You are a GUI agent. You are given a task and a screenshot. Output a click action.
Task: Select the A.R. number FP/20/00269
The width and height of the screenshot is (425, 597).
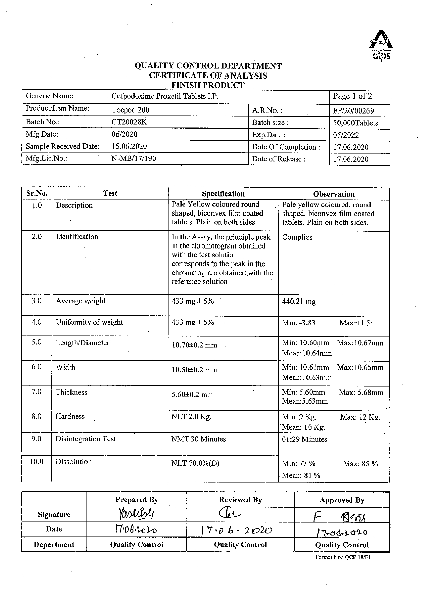click(x=353, y=111)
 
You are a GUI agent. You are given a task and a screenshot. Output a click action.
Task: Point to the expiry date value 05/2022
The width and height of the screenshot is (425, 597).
click(x=346, y=135)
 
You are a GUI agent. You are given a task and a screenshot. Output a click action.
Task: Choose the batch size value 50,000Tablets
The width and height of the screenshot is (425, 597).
click(x=356, y=123)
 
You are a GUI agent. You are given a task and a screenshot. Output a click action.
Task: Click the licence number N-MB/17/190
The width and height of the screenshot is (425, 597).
click(x=134, y=158)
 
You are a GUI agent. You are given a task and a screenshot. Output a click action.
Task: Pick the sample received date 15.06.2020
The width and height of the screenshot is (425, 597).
click(x=129, y=147)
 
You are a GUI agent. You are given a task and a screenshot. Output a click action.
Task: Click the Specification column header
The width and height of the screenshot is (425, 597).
click(x=223, y=194)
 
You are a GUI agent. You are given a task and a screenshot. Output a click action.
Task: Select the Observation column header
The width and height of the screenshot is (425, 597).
click(x=334, y=194)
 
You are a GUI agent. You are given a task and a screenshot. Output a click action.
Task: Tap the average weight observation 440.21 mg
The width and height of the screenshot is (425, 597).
click(x=299, y=302)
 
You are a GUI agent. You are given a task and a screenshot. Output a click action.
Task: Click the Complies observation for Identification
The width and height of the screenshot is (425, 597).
click(x=297, y=237)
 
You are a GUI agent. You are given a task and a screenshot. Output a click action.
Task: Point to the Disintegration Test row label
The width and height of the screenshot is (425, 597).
click(x=86, y=439)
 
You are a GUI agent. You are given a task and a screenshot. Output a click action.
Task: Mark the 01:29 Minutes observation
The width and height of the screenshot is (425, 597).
click(x=304, y=439)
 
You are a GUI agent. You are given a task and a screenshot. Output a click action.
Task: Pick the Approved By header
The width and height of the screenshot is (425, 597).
click(x=342, y=500)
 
